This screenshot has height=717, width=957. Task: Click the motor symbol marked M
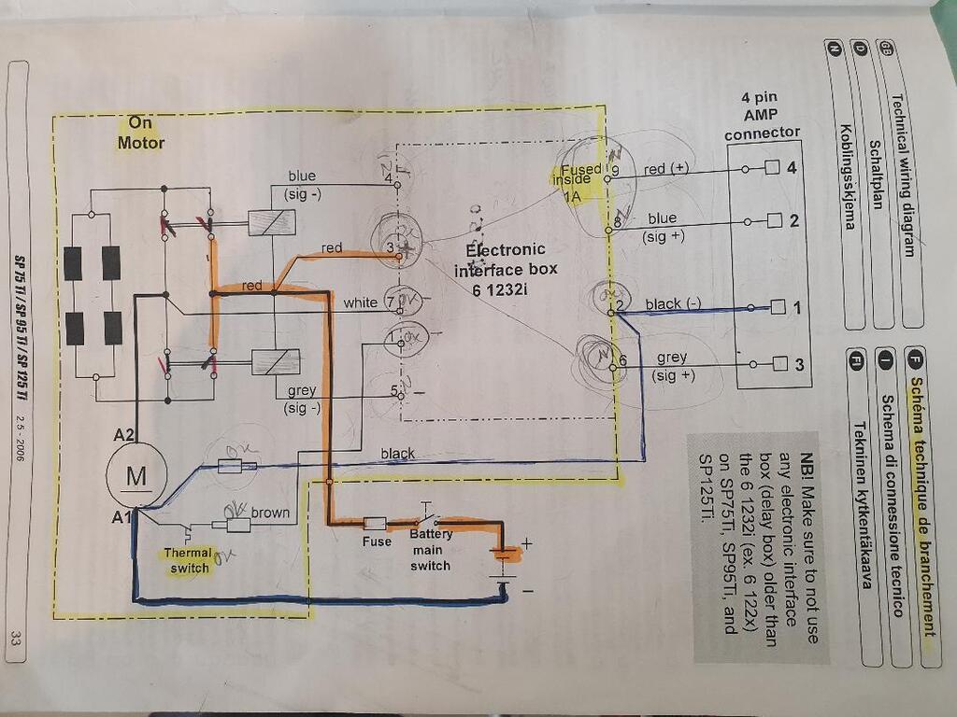tap(136, 475)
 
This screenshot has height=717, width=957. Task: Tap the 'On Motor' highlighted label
tap(140, 133)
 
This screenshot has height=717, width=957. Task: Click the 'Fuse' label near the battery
tap(377, 541)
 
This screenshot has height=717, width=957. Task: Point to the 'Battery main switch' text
tap(430, 549)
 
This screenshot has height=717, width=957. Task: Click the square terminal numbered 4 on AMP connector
tap(772, 169)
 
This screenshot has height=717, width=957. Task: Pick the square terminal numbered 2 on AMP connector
tap(772, 221)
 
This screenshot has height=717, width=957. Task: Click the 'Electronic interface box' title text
tap(505, 268)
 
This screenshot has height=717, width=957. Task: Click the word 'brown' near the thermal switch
tap(269, 513)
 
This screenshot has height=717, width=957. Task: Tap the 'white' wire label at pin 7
tap(360, 302)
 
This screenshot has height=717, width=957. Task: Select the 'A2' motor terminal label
tap(124, 434)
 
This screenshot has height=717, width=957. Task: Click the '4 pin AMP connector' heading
tap(763, 115)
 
